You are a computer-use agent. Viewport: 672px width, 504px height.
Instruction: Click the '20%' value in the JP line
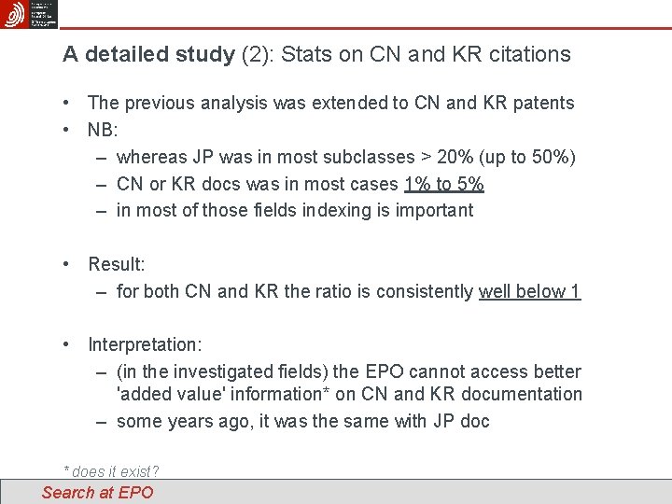pos(447,157)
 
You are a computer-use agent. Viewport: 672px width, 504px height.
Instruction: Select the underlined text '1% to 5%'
pos(444,184)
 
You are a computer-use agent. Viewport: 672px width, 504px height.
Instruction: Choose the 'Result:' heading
pos(117,264)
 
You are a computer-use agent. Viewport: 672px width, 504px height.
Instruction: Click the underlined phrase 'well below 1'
pos(529,291)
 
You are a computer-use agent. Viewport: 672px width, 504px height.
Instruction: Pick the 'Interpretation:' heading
pos(145,345)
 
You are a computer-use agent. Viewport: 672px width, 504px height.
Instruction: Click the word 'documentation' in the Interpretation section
pos(524,394)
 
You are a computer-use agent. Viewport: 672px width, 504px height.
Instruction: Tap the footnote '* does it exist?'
pos(110,472)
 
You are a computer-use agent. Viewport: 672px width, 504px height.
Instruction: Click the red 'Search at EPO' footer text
pos(97,493)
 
